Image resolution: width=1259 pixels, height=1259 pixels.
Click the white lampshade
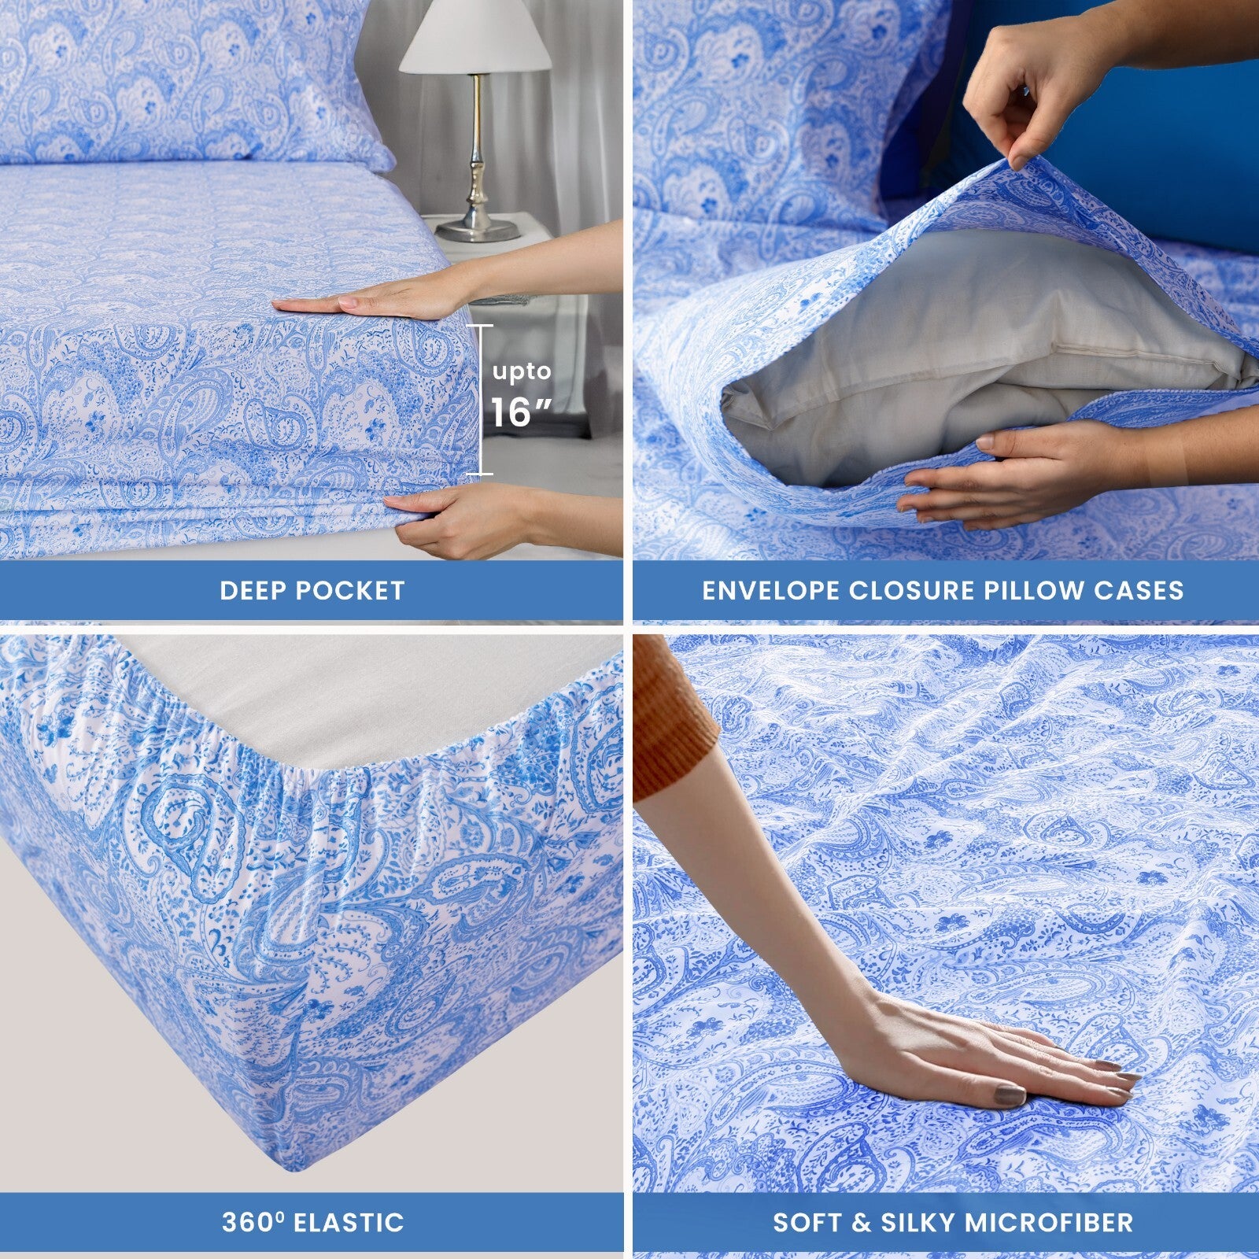tap(474, 39)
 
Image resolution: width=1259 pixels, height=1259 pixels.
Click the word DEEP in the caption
tap(253, 590)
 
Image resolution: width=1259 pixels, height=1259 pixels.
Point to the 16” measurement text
tap(522, 412)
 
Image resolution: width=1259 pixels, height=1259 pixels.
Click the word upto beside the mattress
tap(522, 371)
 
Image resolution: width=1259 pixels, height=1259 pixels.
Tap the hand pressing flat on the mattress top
tap(370, 299)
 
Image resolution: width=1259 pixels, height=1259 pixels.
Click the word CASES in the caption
tap(1150, 590)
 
